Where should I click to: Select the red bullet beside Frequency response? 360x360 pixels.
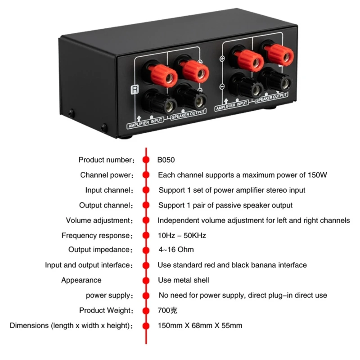pos(146,235)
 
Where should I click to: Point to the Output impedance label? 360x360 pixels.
pos(101,250)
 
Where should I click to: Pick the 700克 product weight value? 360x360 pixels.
pos(167,310)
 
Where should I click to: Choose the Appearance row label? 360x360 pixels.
pos(81,280)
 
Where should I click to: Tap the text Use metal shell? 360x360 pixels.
pos(184,280)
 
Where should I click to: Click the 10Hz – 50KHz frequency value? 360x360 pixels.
pos(182,235)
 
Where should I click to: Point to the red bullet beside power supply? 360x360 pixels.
pos(146,296)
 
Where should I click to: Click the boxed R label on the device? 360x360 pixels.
pos(134,89)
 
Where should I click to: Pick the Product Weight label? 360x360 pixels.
pos(106,310)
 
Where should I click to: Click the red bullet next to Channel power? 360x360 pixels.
pos(146,175)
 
